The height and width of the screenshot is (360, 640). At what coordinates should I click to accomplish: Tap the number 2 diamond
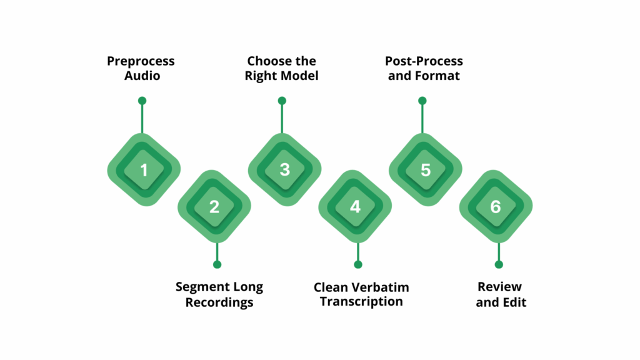214,207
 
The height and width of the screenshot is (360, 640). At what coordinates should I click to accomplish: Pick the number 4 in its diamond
355,207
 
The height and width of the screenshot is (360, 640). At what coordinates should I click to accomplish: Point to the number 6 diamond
496,207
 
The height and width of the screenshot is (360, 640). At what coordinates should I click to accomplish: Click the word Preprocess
141,61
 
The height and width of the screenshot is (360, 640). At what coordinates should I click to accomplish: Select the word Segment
199,287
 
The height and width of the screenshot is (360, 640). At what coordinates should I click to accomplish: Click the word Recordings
219,302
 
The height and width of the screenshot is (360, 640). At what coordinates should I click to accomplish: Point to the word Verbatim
379,287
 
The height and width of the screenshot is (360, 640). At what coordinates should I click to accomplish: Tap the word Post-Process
424,61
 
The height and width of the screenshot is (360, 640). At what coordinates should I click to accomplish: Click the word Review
499,287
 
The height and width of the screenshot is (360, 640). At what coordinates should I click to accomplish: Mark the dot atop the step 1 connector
142,101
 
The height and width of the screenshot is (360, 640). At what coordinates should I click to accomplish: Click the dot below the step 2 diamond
217,264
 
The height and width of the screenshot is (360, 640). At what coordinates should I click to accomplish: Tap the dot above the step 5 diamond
422,101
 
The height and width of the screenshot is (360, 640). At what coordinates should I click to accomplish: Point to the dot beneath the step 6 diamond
499,264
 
